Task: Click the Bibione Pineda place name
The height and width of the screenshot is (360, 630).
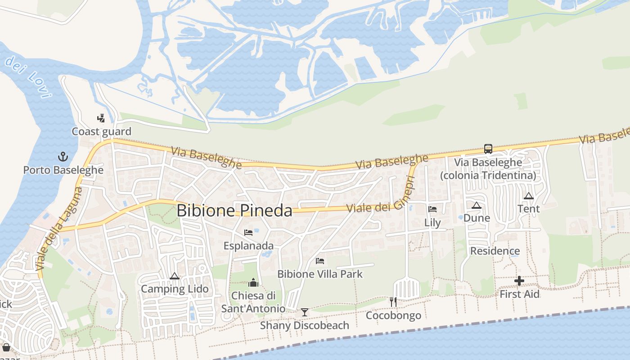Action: pyautogui.click(x=234, y=211)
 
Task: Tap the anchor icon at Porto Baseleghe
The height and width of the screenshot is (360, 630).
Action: pyautogui.click(x=63, y=157)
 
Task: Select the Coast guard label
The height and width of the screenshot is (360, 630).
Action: pyautogui.click(x=102, y=131)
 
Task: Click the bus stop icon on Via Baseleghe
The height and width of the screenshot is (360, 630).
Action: pyautogui.click(x=488, y=148)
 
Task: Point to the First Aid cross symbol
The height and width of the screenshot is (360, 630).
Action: pyautogui.click(x=519, y=281)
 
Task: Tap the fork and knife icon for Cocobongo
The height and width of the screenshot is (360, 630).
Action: pyautogui.click(x=393, y=301)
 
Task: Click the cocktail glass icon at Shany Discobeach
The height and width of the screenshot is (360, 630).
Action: pyautogui.click(x=305, y=312)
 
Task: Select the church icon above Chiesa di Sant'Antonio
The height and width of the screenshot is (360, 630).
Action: pyautogui.click(x=253, y=283)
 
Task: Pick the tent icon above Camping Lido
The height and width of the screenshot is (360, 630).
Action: pyautogui.click(x=175, y=276)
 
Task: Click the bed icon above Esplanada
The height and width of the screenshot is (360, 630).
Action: pyautogui.click(x=248, y=233)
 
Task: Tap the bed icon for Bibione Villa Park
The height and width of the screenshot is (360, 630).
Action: pyautogui.click(x=320, y=261)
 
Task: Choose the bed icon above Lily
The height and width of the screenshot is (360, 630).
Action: pyautogui.click(x=432, y=209)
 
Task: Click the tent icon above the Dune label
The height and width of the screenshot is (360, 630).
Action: pyautogui.click(x=477, y=205)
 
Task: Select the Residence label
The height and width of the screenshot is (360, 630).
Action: pyautogui.click(x=495, y=251)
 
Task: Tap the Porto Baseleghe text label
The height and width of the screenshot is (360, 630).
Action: pyautogui.click(x=63, y=170)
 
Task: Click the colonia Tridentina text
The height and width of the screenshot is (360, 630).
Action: pyautogui.click(x=488, y=175)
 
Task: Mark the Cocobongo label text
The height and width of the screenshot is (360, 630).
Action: pyautogui.click(x=393, y=315)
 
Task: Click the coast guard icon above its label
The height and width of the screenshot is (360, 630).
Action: pyautogui.click(x=101, y=118)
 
